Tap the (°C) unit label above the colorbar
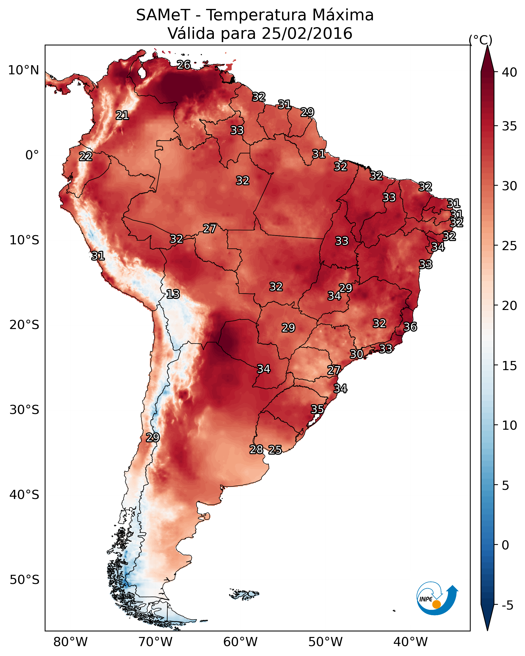coord(480,40)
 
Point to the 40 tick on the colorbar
coord(509,72)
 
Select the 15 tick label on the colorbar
coord(509,366)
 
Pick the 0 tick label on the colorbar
coord(505,545)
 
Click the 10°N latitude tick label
coord(23,70)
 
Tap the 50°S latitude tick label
coord(24,580)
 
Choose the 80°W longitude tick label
coord(70,642)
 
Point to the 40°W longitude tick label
coord(410,642)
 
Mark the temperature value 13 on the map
coord(173,294)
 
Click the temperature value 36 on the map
coord(410,327)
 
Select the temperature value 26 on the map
coord(184,65)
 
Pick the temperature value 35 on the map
coord(317,409)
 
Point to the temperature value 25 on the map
coord(275,450)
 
